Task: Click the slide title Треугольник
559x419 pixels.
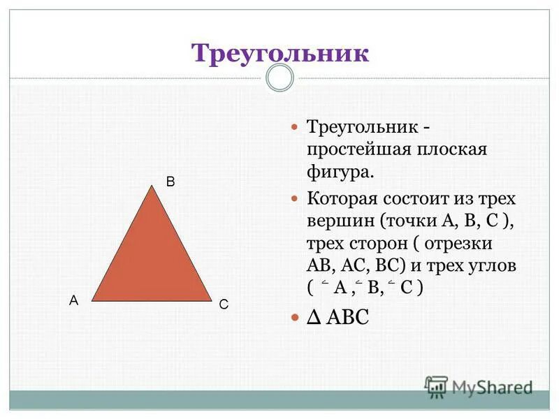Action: coord(279,53)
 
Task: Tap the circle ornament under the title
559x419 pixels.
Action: coord(280,78)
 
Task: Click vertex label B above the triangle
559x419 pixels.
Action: coord(170,181)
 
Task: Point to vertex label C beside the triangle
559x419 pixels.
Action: coord(224,305)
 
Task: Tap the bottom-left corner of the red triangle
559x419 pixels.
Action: coord(92,301)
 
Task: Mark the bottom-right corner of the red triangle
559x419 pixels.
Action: coord(211,301)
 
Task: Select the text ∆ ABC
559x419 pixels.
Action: coord(337,317)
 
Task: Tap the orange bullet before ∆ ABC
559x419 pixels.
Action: coord(293,317)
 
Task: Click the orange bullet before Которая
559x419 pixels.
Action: coord(293,198)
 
